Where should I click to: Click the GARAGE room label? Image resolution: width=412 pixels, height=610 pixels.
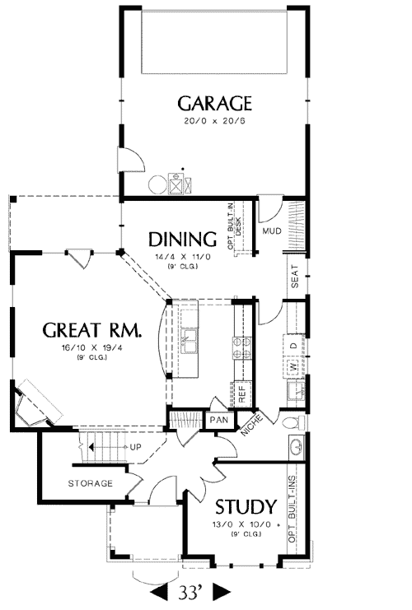[214, 104]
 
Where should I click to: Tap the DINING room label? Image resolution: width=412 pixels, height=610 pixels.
[183, 240]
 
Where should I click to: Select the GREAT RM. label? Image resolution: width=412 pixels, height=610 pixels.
[92, 330]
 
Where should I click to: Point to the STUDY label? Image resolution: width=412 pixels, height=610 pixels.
[246, 507]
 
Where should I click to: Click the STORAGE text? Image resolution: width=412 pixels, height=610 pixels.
[91, 483]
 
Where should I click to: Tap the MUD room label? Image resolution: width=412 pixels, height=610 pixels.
[272, 231]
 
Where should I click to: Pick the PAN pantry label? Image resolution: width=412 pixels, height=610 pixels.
[219, 420]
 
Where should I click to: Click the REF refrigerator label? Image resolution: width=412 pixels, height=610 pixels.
[241, 393]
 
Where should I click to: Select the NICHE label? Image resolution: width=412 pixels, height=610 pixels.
[252, 424]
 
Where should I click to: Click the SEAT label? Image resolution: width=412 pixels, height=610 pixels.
[295, 277]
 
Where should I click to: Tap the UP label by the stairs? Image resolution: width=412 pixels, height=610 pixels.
[135, 447]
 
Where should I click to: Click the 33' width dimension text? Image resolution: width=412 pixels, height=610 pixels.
[190, 592]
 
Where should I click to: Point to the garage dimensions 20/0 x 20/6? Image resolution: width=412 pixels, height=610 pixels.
[214, 120]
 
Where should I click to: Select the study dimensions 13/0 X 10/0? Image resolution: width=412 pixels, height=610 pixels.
[241, 524]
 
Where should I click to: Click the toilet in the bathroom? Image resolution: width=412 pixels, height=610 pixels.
[294, 422]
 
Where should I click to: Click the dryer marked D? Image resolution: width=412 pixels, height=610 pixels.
[295, 345]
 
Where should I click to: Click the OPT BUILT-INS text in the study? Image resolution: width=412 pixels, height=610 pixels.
[292, 510]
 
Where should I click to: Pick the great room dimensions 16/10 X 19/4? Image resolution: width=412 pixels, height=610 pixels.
[92, 347]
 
